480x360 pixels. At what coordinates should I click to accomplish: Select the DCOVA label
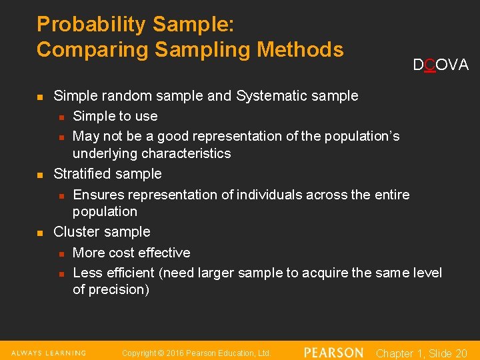click(440, 65)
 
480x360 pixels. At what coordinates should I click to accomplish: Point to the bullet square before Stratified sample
click(40, 175)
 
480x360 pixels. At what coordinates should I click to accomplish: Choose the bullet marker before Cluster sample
click(40, 233)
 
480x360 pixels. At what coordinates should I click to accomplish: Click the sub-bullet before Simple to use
click(61, 117)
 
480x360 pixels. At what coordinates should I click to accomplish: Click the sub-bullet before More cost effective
click(61, 253)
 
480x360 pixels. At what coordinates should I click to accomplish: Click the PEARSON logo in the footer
click(333, 353)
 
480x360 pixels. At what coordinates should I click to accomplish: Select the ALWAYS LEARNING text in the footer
click(49, 353)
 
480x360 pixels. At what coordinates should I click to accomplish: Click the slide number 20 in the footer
click(461, 353)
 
